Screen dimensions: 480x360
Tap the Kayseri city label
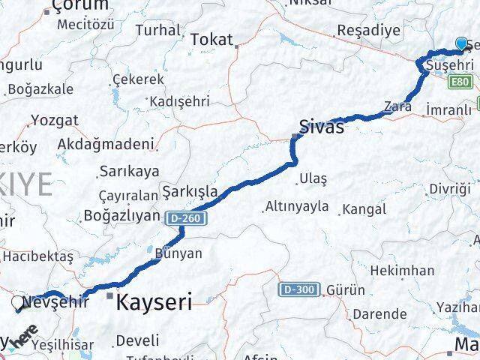[x=154, y=303]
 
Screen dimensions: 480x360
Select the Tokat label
[x=211, y=40]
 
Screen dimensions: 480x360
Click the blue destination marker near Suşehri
[x=461, y=44]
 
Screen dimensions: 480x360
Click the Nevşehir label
[x=57, y=302]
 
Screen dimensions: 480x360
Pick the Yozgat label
[x=54, y=119]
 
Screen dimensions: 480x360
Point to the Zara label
[x=397, y=106]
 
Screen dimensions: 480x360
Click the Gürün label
[x=346, y=289]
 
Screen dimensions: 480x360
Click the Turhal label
[x=158, y=31]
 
